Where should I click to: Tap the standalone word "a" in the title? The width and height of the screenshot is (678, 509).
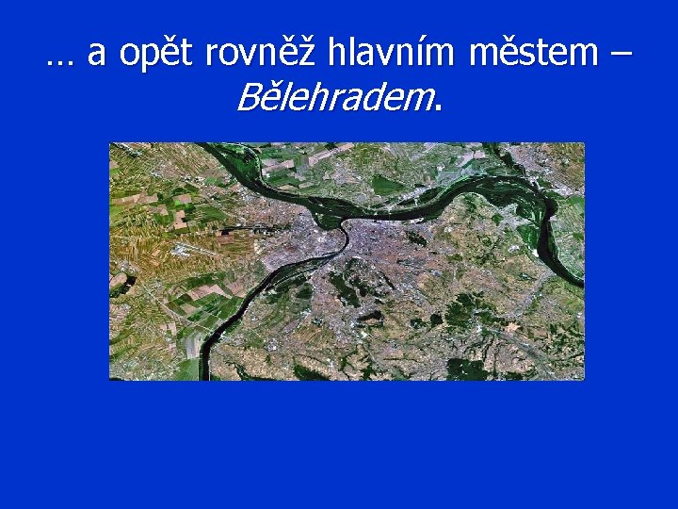click(96, 55)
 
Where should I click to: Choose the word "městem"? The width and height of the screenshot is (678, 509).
click(532, 54)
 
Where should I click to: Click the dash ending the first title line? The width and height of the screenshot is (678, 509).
click(621, 55)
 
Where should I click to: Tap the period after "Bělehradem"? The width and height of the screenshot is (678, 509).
click(437, 107)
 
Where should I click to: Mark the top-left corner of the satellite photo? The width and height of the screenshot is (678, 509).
click(110, 143)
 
